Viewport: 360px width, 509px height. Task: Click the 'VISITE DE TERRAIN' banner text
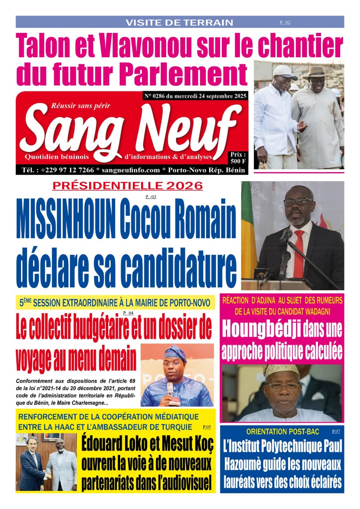[x=179, y=23]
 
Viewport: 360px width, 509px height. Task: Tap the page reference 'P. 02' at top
[x=285, y=23]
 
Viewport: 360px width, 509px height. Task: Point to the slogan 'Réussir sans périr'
[x=81, y=105]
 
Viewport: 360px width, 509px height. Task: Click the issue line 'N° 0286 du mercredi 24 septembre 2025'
[x=195, y=96]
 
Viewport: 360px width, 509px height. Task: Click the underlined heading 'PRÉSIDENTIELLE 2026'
[x=128, y=185]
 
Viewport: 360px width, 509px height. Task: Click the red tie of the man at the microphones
[x=298, y=254]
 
